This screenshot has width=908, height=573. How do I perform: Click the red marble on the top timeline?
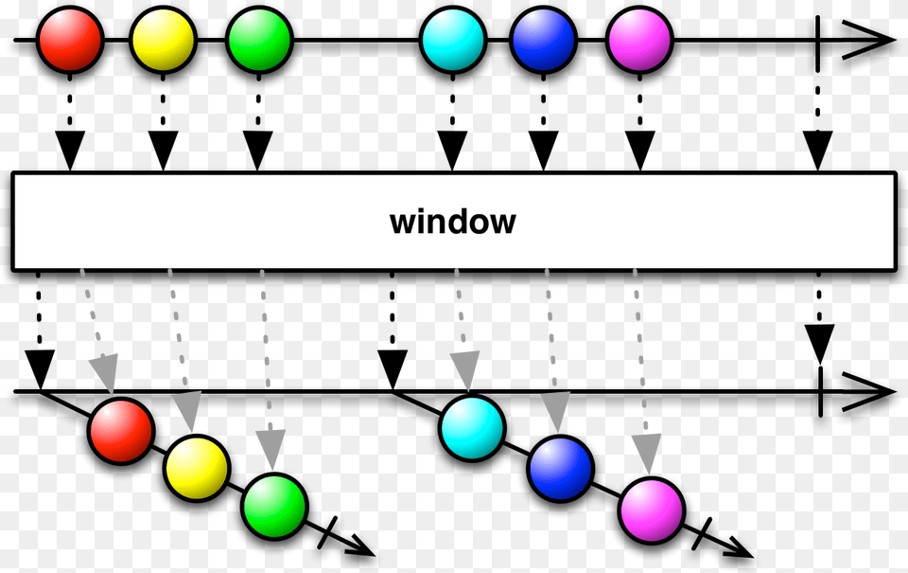pos(70,40)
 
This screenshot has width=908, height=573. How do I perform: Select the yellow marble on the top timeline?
pos(163,40)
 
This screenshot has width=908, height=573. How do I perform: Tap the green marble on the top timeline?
pos(259,40)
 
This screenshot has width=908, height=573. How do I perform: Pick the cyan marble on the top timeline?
pos(453,40)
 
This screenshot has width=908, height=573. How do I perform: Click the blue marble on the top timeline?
pos(543,40)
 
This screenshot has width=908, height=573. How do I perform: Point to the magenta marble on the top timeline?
pos(640,40)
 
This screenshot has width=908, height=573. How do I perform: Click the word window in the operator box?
pos(453,222)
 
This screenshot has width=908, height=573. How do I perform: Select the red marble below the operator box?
pos(121,431)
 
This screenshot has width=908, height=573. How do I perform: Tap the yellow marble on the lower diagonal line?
pos(197,468)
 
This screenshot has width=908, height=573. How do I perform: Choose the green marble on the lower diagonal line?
pos(274,506)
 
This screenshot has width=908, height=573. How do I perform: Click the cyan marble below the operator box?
pos(472,428)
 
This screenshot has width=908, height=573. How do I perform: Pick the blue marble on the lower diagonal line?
pos(561,469)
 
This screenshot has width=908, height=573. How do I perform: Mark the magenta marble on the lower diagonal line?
pos(652,510)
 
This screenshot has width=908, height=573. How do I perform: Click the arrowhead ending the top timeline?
pos(868,40)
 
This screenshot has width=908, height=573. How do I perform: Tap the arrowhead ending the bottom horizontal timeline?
pos(868,392)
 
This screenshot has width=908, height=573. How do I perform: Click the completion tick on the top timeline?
pos(817,41)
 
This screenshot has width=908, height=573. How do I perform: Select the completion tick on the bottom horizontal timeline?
pos(821,391)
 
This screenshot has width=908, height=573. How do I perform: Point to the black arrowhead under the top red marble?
pos(70,151)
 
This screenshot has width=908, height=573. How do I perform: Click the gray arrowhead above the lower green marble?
pos(271,450)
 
